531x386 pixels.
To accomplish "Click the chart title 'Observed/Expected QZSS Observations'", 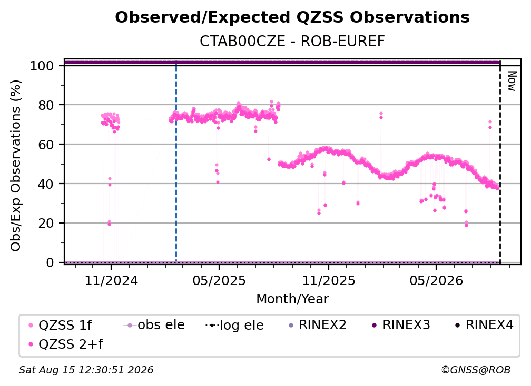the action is coord(292,17).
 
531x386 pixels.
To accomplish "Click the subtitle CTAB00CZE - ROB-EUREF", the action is coord(292,42).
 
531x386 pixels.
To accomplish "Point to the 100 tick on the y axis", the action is coord(42,66).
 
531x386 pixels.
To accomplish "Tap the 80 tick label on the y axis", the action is coord(46,105).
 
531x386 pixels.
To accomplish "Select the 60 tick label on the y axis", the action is coord(46,145).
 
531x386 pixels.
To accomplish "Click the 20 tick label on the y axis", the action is coord(46,223).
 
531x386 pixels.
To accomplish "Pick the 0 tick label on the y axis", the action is coord(50,262).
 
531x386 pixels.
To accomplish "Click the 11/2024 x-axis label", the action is coord(111,280).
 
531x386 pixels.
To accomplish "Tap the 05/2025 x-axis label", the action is coord(219,280).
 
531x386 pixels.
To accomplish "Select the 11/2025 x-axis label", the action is coord(329,280).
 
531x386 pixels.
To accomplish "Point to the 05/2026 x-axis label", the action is coord(436,280).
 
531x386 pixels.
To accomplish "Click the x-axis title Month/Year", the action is coord(292,299).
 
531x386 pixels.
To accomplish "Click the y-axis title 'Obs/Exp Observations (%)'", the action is coord(16,166).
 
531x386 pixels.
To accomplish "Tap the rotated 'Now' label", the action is coord(512,81).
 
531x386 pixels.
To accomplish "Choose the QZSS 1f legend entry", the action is coord(60,325).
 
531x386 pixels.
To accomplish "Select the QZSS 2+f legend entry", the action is coord(66,344).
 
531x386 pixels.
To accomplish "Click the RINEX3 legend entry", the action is coord(401,325).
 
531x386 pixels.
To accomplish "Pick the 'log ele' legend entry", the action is coord(235,325).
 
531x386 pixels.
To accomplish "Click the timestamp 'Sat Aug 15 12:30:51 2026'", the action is coord(86,370).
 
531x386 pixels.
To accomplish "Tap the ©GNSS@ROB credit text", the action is coord(476,370).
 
